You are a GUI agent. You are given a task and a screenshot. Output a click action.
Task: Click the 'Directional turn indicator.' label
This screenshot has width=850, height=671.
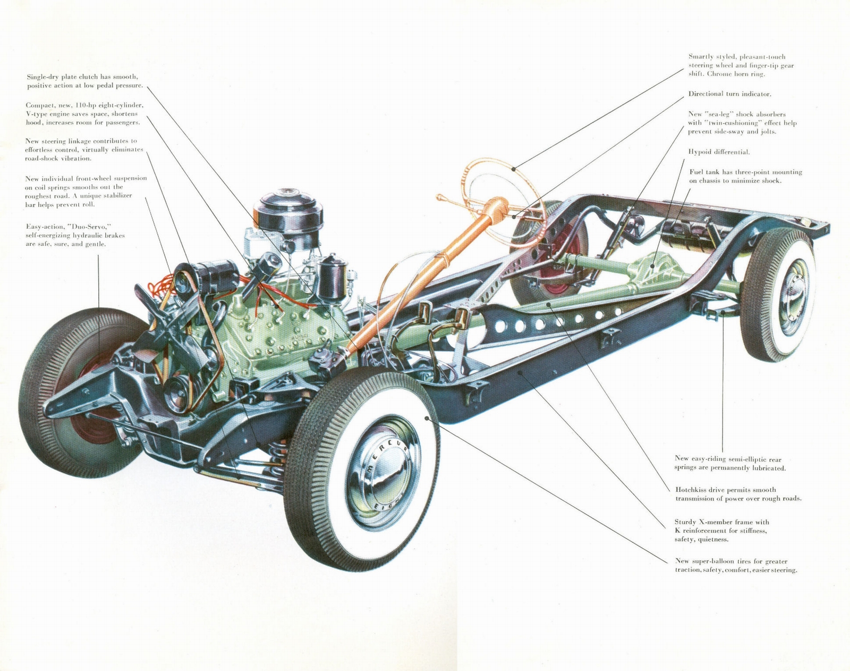coord(729,94)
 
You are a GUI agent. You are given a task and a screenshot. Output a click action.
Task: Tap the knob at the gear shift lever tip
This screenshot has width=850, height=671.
coord(440,198)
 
